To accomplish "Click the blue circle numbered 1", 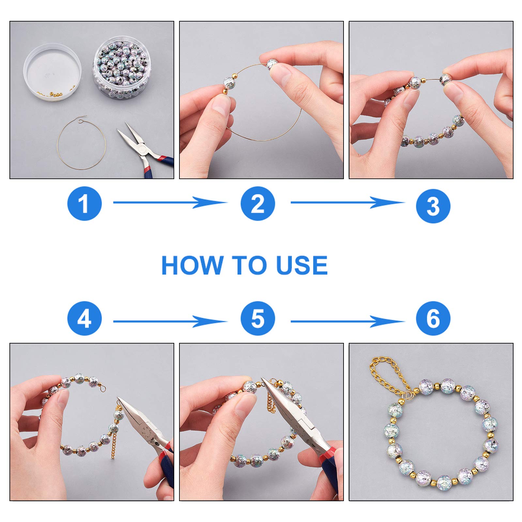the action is click(x=84, y=204).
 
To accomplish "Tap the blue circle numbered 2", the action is click(x=258, y=204).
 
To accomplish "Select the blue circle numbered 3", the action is click(x=433, y=206).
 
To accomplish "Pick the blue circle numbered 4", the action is click(x=84, y=318).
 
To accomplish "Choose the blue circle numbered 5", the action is click(x=258, y=318).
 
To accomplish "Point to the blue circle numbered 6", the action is click(x=433, y=318).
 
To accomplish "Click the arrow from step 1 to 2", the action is click(x=170, y=203).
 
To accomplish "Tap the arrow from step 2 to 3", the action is click(x=347, y=203).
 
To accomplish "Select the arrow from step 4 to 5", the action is click(x=170, y=322).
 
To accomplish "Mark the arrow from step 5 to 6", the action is click(x=347, y=322).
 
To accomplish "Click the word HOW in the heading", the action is click(x=192, y=265).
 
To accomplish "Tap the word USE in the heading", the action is click(x=302, y=265).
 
